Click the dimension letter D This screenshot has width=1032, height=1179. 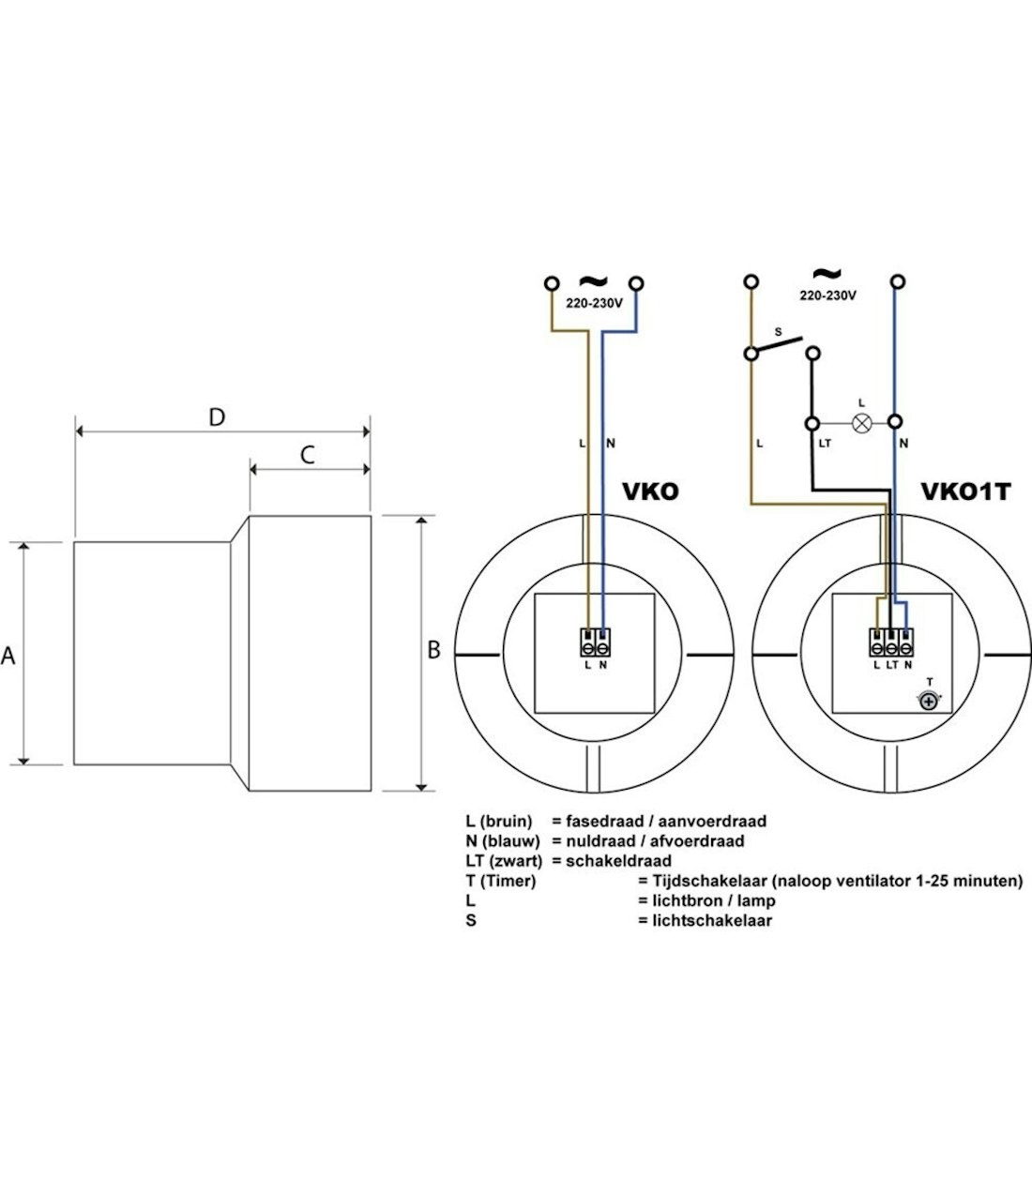(217, 417)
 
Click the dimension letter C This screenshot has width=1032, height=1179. (308, 455)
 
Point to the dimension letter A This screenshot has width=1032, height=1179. (8, 656)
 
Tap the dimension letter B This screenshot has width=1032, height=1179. (433, 650)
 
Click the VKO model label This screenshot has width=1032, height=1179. (650, 491)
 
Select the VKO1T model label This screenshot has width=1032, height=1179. (965, 491)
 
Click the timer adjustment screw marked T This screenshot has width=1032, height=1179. (928, 702)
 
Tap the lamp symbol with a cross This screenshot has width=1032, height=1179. (861, 424)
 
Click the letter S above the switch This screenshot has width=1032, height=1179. (778, 332)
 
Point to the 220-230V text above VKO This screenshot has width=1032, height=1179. (594, 303)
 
